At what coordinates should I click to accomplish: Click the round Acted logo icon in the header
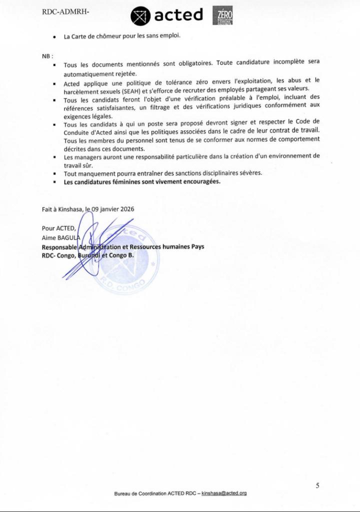[139, 16]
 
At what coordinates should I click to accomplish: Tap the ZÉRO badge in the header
[222, 16]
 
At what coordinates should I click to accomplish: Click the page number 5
[317, 484]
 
